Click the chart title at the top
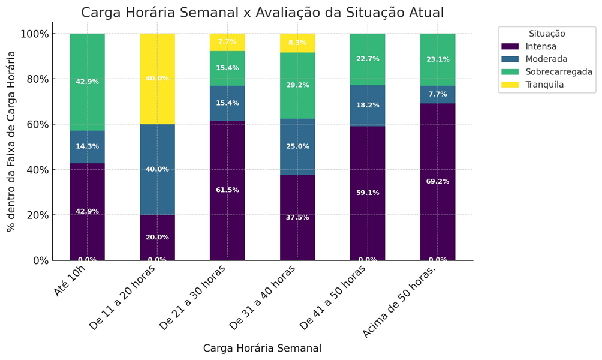[x=262, y=13]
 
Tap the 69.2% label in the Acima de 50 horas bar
[x=438, y=181]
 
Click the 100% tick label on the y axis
[x=34, y=34]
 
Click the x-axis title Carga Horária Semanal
[x=262, y=349]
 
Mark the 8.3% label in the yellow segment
[x=297, y=43]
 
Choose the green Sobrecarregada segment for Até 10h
[x=87, y=82]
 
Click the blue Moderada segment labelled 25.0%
[x=297, y=146]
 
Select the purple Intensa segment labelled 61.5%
[x=227, y=190]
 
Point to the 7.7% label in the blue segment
[x=438, y=94]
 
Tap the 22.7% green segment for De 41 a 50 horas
[x=368, y=59]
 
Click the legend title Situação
[x=546, y=34]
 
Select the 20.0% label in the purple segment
[x=157, y=237]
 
